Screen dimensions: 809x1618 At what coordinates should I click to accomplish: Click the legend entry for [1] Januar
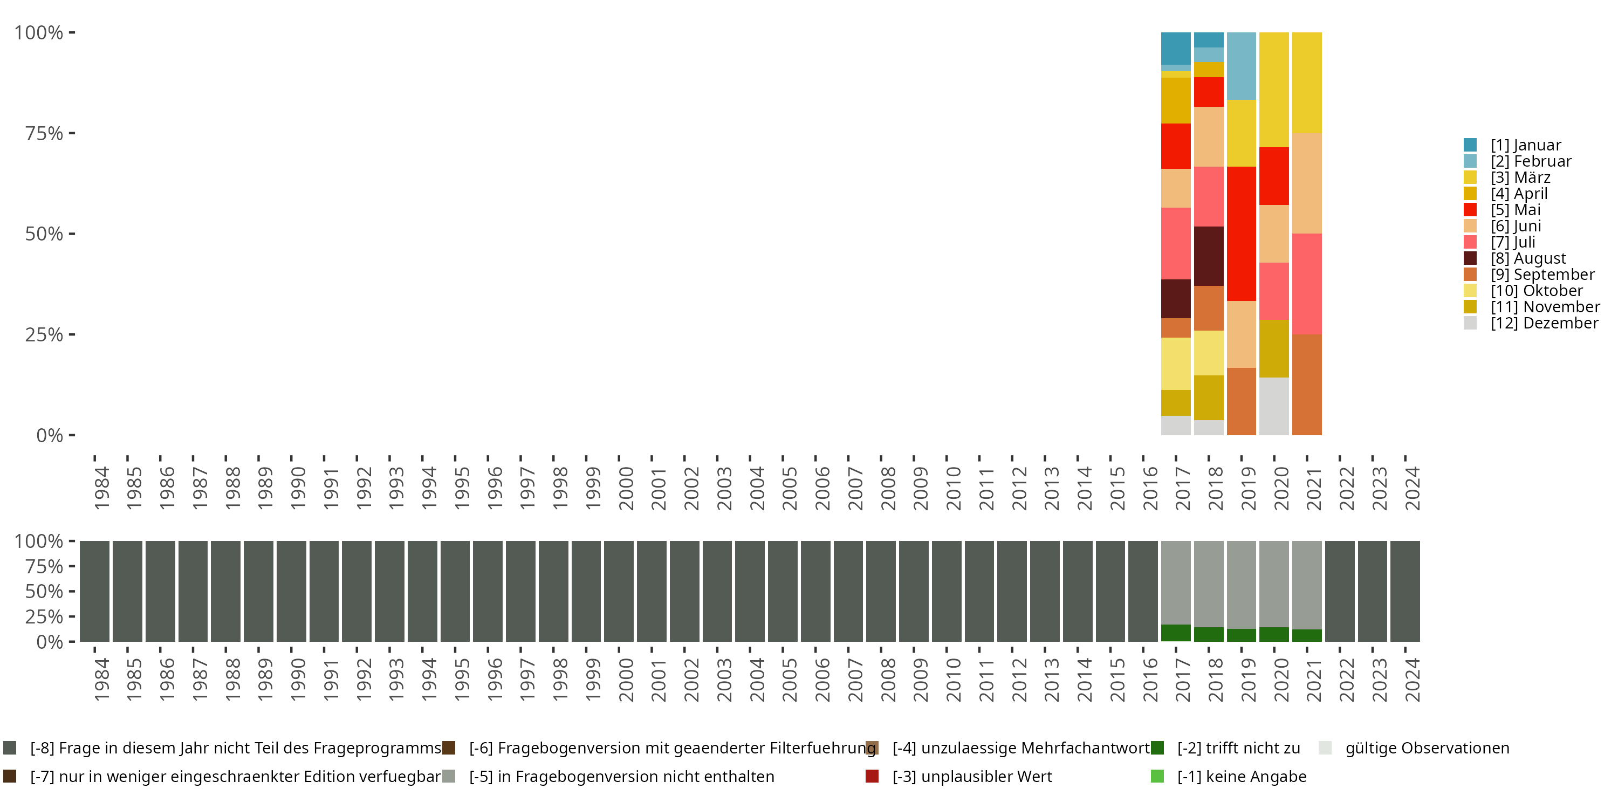click(1525, 145)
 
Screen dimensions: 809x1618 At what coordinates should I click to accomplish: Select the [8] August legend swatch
click(1470, 258)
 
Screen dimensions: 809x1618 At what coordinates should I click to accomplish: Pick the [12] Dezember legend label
click(1544, 323)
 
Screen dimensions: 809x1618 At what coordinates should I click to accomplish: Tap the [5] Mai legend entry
click(1515, 210)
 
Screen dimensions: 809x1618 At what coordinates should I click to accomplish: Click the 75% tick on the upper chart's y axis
click(44, 133)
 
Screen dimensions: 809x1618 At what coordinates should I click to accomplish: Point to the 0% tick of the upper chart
click(49, 435)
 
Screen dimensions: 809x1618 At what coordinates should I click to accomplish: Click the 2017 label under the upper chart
click(1183, 488)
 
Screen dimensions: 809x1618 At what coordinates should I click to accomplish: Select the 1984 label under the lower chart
click(101, 680)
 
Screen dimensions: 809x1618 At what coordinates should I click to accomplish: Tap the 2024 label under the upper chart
click(1412, 488)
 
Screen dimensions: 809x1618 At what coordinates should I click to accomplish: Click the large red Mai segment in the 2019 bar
click(1241, 234)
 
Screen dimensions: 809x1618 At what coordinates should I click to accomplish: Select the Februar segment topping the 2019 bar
click(1241, 66)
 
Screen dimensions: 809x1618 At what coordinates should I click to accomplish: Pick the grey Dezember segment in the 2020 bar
click(1274, 406)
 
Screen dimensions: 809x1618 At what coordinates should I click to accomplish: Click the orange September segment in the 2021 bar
click(1306, 385)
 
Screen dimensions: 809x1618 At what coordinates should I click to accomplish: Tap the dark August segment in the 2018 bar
click(1209, 256)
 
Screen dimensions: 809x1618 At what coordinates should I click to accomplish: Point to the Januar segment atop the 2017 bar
click(1176, 49)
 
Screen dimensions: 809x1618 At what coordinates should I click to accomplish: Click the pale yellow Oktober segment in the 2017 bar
click(1176, 364)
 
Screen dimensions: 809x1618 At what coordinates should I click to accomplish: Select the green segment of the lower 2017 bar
click(1176, 633)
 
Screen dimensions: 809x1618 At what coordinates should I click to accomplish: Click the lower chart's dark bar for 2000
click(619, 591)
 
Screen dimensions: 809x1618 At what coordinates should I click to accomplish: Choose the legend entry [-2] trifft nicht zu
click(1238, 748)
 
